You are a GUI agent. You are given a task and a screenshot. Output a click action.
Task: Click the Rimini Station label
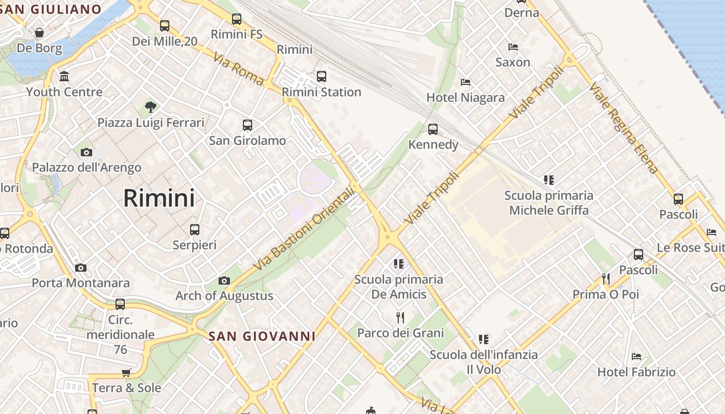coord(321,92)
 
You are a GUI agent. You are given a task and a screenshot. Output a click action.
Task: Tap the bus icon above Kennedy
coord(433,129)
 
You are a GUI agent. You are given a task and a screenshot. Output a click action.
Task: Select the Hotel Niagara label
coord(465,97)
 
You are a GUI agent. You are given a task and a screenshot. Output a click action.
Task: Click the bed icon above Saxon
coord(513,47)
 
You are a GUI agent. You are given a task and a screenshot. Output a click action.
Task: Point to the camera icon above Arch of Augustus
coord(224,280)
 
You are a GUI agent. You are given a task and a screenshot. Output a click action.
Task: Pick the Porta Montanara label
coord(81,283)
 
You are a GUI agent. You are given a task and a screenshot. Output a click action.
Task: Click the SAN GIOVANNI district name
coord(262,336)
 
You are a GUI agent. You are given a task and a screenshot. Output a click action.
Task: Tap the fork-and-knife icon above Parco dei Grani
coord(400,317)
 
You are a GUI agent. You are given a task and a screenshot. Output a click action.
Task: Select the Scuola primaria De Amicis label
coord(399,287)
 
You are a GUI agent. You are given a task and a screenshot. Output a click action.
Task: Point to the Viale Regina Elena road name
coord(624,128)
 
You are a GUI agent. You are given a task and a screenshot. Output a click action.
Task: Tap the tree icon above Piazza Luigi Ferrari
coord(151,107)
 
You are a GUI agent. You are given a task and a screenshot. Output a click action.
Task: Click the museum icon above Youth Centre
coord(64,77)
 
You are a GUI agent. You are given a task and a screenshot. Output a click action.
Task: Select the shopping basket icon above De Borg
coord(39,33)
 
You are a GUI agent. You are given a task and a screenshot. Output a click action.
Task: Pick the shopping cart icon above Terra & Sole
coord(126,373)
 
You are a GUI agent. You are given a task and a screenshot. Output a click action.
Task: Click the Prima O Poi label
coord(605,294)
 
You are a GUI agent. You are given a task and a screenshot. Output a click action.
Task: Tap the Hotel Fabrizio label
coord(636,372)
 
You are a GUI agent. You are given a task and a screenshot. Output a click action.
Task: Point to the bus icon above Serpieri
coord(195,229)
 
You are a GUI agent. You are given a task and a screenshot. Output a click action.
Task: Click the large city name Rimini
coord(159,198)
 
